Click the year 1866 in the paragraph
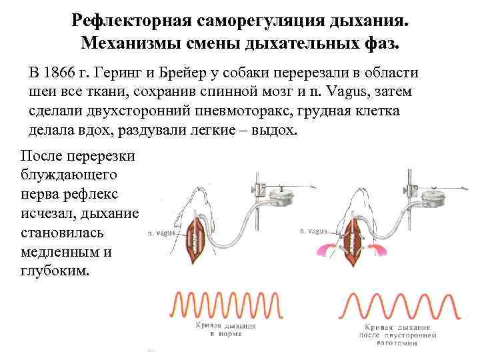62,73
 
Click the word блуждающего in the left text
69,175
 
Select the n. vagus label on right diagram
313,231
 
